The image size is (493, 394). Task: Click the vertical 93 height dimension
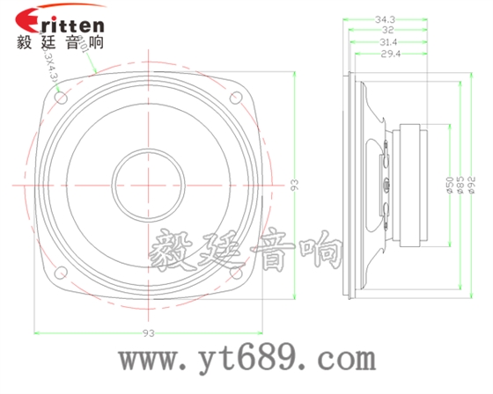(x=296, y=186)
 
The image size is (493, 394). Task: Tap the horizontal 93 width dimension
(x=148, y=332)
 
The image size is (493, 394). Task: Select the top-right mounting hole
(x=236, y=99)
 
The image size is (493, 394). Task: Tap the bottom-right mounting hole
(x=236, y=275)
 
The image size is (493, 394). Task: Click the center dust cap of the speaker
(x=148, y=186)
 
